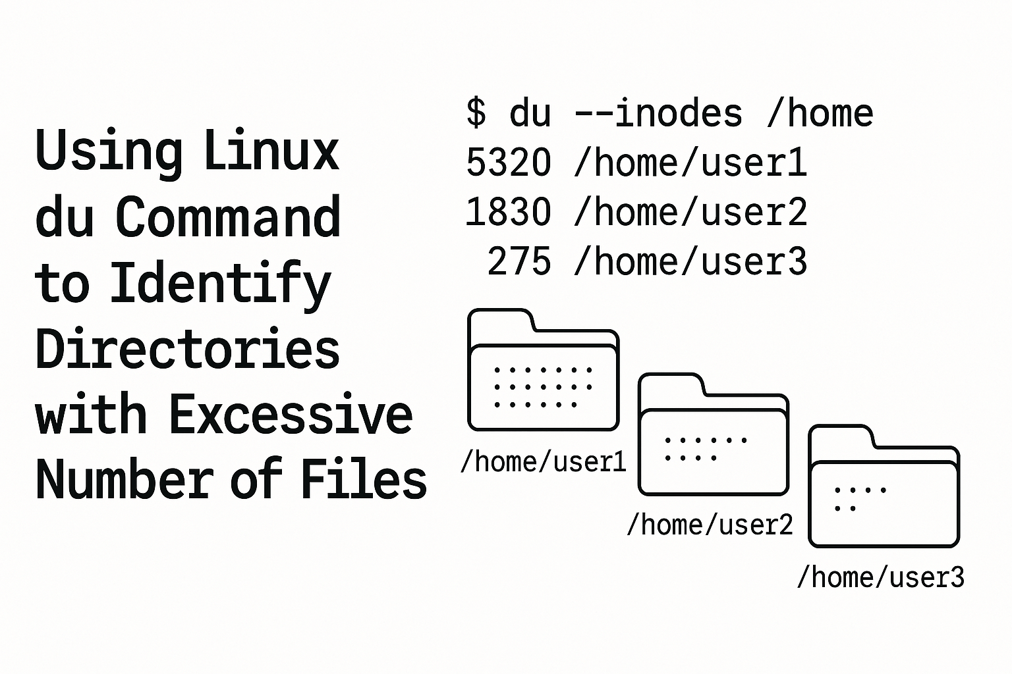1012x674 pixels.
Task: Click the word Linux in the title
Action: click(271, 151)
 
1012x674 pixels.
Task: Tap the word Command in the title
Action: click(228, 217)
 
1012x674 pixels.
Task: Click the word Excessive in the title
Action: click(291, 415)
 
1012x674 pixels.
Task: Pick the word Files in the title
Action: click(364, 479)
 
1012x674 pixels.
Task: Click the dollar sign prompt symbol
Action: click(476, 113)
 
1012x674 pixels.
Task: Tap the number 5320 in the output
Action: click(508, 163)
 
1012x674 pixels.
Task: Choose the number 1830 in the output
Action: click(508, 212)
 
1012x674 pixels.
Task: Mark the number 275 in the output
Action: click(519, 261)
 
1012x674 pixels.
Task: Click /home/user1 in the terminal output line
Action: click(690, 163)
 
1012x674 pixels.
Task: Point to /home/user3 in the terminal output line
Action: click(690, 261)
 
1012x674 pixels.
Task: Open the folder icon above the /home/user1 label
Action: click(543, 372)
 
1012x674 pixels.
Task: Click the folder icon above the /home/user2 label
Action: click(714, 436)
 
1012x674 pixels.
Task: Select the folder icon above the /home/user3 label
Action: click(884, 488)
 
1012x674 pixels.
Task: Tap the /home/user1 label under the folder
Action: click(543, 462)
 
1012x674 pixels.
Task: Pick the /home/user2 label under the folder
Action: click(710, 525)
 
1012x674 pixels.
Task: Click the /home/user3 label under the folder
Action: click(880, 577)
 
